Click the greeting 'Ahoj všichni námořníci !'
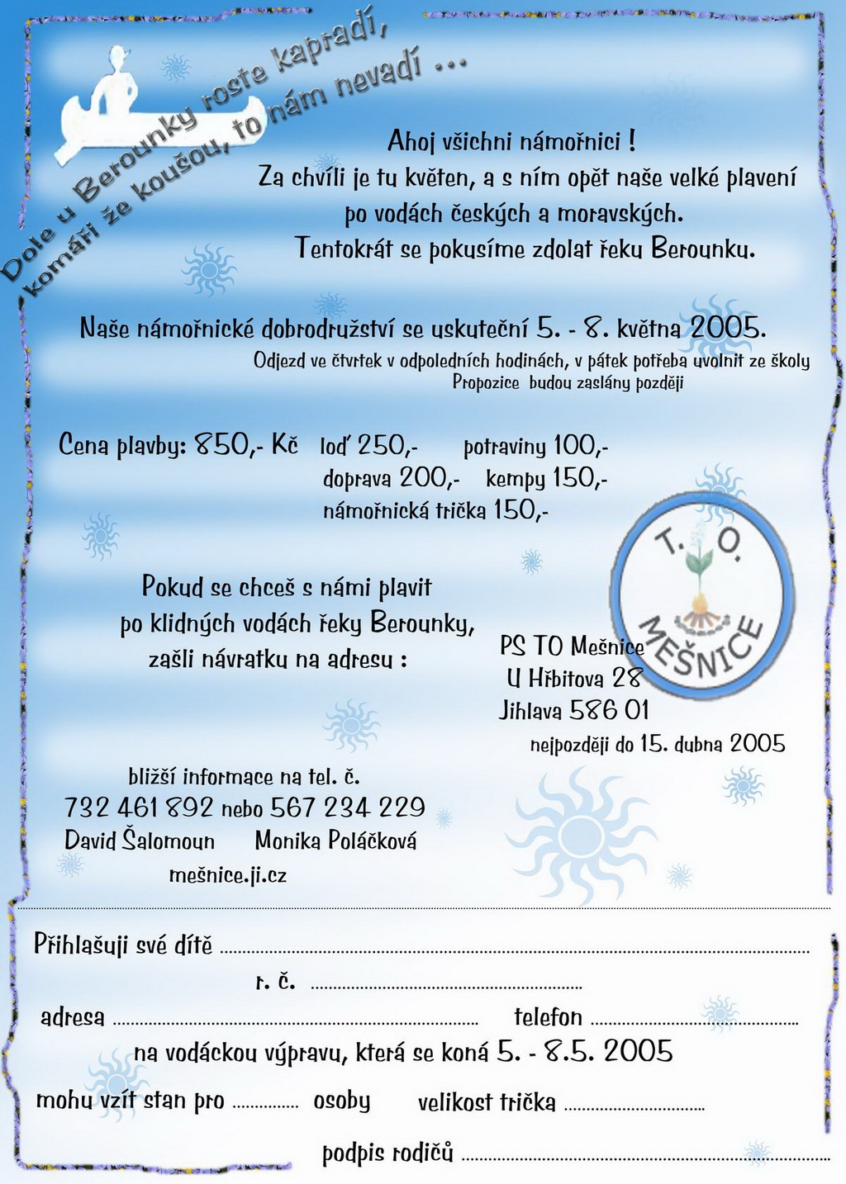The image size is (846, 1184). click(511, 141)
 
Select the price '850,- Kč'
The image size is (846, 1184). click(246, 445)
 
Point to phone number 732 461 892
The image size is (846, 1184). click(139, 807)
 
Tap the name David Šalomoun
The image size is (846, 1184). click(140, 841)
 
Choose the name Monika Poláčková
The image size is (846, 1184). click(335, 841)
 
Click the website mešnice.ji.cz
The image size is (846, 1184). click(227, 874)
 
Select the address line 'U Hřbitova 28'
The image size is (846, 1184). click(573, 678)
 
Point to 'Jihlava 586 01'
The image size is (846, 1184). click(573, 710)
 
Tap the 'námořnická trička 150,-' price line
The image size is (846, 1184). click(435, 510)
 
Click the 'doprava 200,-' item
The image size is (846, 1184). click(391, 478)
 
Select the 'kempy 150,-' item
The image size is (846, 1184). click(546, 478)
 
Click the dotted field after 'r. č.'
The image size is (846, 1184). click(446, 987)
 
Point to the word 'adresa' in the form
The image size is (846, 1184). click(73, 1017)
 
